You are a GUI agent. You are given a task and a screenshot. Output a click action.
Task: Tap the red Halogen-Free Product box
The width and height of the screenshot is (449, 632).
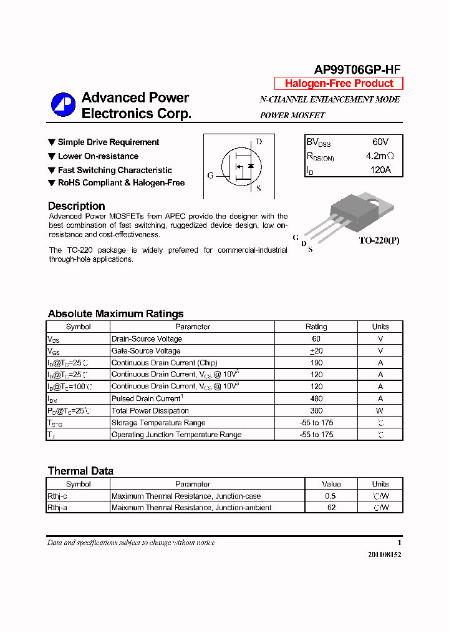click(x=339, y=84)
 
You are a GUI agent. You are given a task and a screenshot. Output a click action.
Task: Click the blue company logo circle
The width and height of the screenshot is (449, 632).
click(x=63, y=105)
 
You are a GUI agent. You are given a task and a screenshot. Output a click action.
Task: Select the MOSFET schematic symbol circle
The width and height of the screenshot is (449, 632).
click(x=240, y=165)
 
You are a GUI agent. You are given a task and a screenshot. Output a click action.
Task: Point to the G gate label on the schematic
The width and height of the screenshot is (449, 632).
click(x=211, y=176)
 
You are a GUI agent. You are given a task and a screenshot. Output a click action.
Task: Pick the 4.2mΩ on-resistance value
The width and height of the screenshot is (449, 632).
click(x=379, y=156)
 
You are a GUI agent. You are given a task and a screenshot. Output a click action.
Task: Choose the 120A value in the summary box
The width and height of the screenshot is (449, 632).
click(x=380, y=170)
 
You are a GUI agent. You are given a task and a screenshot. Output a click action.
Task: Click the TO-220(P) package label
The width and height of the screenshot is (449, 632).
click(x=379, y=240)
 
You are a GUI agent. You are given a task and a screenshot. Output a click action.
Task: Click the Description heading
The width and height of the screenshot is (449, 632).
click(x=76, y=206)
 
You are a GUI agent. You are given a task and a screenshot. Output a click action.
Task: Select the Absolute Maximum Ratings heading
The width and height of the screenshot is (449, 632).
click(x=115, y=314)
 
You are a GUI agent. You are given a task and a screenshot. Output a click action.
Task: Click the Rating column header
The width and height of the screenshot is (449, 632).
click(x=316, y=327)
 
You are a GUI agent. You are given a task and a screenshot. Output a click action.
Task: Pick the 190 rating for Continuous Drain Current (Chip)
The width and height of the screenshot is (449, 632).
click(x=316, y=363)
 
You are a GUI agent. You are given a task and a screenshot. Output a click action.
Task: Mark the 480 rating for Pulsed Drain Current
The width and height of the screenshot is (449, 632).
click(x=316, y=398)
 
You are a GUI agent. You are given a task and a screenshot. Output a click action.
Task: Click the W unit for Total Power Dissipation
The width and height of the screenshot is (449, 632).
click(x=380, y=410)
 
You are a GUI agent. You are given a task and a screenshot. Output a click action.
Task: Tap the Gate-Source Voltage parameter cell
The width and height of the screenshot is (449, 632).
click(x=146, y=351)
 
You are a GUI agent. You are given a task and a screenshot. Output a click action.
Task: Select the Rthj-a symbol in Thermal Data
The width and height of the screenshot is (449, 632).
click(x=57, y=508)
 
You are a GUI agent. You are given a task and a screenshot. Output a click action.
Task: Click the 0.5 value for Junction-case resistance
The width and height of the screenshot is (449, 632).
click(x=331, y=496)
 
